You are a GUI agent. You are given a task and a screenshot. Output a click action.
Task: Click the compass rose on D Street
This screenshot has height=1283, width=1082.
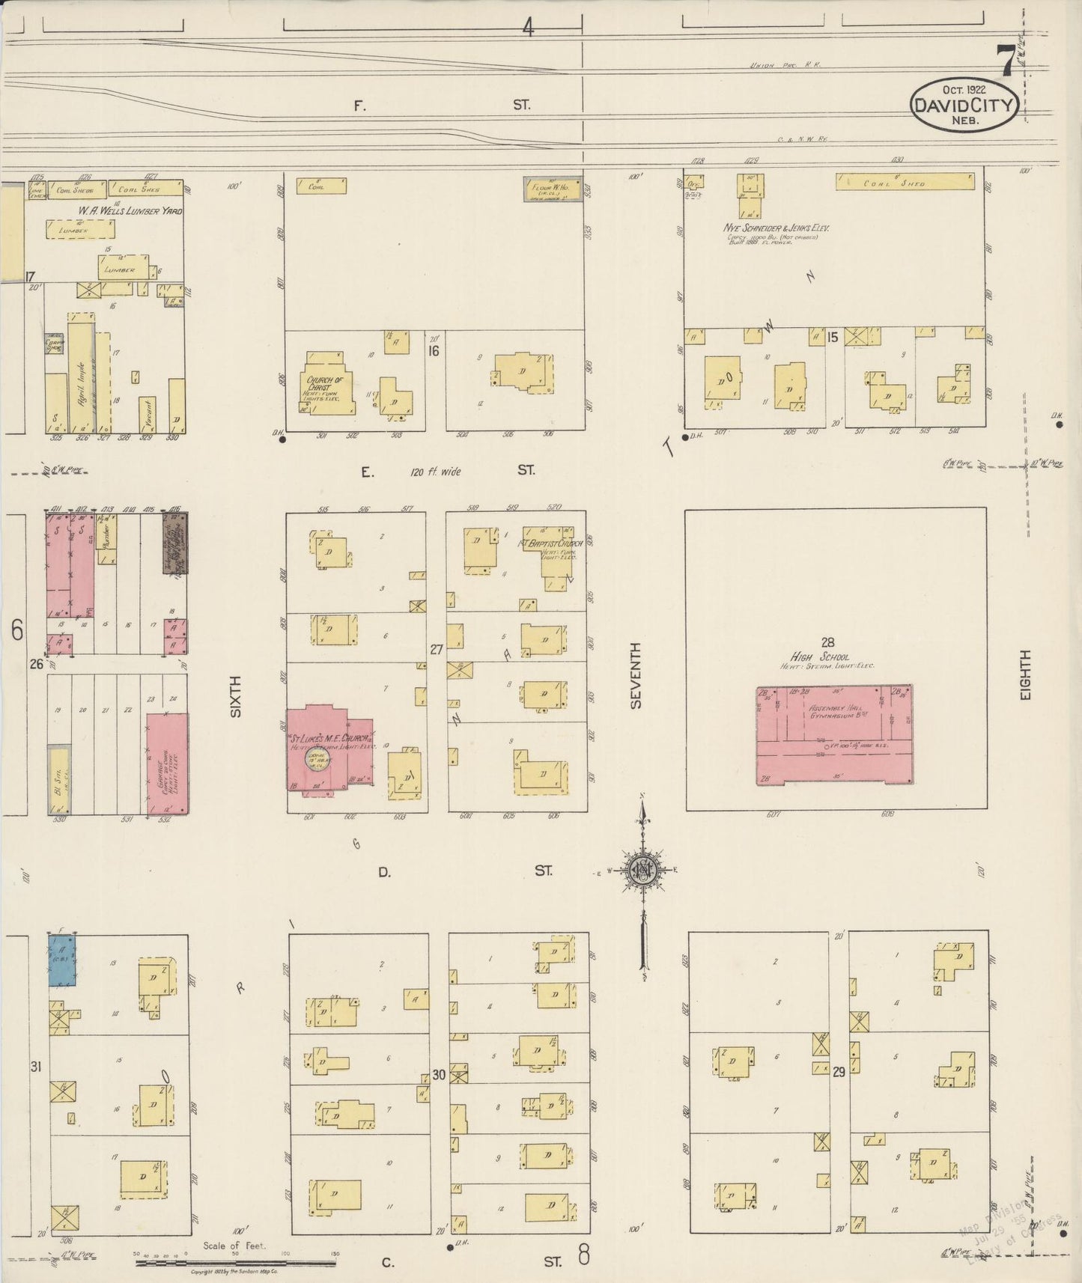click(642, 871)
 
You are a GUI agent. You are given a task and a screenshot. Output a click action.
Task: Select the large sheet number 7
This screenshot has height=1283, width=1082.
click(1006, 61)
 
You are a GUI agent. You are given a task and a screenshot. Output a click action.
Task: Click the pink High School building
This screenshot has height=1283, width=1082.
click(834, 734)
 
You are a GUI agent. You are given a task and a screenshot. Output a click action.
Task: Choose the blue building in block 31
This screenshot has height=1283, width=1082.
click(62, 960)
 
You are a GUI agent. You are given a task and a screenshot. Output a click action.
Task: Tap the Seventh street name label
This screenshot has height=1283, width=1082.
click(636, 675)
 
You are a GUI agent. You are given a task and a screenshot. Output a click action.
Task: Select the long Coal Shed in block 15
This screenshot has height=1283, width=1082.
click(905, 182)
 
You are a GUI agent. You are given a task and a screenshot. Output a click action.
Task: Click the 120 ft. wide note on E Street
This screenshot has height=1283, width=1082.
click(435, 472)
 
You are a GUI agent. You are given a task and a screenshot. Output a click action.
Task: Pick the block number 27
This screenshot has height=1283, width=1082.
click(437, 649)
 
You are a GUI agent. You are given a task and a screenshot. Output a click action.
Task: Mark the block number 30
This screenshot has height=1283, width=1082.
click(439, 1075)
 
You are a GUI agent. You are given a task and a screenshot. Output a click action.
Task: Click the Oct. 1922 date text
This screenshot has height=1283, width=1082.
click(964, 90)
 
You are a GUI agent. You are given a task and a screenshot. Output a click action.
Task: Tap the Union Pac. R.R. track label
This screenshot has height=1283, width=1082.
click(785, 65)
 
